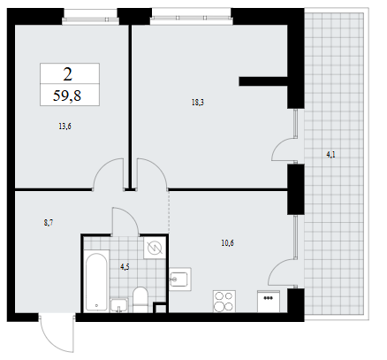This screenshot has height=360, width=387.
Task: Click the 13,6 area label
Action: pos(64,126)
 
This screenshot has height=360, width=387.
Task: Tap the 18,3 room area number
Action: pos(198,103)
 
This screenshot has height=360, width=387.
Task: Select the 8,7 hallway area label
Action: pos(49,223)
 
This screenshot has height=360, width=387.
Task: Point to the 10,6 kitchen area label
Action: pos(227,243)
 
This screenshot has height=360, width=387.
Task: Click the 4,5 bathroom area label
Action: pos(125,267)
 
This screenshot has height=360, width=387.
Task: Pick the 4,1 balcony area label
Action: pos(330,155)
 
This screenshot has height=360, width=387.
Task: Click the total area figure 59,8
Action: pos(67,96)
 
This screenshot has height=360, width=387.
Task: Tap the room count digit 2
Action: pos(68,74)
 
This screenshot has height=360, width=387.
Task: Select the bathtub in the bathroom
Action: pos(96,280)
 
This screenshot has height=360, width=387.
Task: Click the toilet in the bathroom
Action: pos(140,300)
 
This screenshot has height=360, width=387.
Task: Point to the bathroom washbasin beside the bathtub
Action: pos(119,305)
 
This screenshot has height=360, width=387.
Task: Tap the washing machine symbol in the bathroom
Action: pos(155,248)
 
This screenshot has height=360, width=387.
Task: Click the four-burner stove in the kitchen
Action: pos(224,302)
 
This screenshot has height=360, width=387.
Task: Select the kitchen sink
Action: pos(180,280)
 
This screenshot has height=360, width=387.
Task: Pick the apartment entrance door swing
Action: pos(56,333)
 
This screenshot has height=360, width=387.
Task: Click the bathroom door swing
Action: pos(125,221)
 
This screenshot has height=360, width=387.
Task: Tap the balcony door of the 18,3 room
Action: pos(285,149)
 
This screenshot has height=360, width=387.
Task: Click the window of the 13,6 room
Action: pos(91,17)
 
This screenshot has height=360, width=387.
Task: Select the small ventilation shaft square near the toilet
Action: pos(161,308)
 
